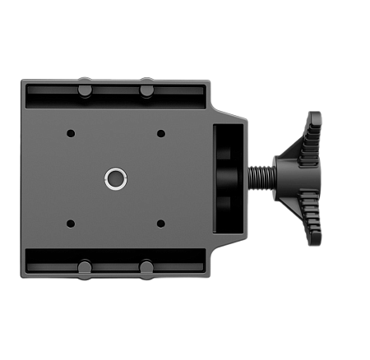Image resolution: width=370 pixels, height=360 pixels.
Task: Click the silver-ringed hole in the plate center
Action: coord(115,177)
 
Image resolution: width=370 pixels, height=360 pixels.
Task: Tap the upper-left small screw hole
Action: coord(70,133)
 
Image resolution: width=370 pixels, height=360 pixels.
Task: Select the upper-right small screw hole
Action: coord(160,133)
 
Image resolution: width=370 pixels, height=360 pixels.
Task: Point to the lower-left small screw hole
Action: coord(70,223)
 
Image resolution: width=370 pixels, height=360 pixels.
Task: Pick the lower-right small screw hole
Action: coord(160,223)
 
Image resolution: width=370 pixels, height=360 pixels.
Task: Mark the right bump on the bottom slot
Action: coord(146,267)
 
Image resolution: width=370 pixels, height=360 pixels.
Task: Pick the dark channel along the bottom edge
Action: coord(115,261)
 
